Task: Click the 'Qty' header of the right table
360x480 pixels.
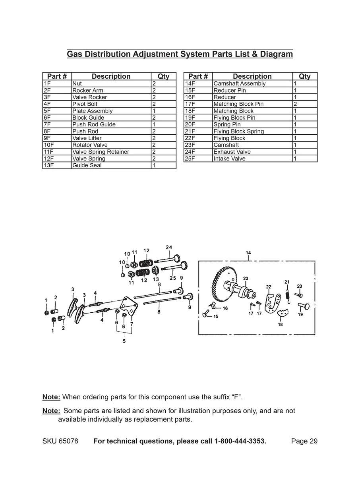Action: [304, 76]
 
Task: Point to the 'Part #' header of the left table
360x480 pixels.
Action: [57, 76]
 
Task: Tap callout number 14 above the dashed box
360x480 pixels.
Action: [248, 253]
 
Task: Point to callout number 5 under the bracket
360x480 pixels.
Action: [124, 341]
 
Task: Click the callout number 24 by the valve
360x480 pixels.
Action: [169, 247]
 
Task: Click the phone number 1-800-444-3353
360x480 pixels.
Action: [240, 441]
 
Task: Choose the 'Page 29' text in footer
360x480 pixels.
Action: [304, 441]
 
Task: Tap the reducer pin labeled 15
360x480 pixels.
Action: [206, 314]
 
